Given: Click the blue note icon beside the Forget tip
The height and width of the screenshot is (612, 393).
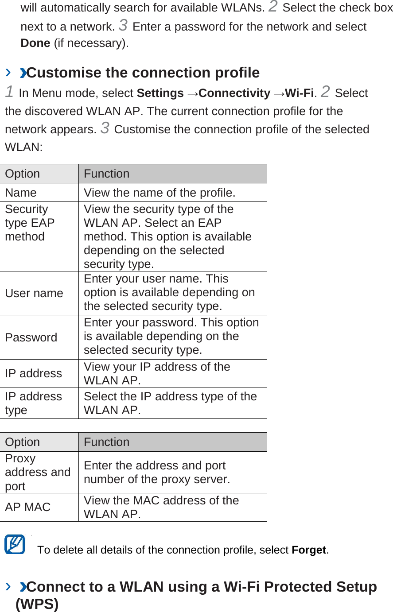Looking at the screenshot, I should (x=15, y=544).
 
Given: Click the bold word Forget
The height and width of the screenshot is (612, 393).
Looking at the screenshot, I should (x=309, y=550).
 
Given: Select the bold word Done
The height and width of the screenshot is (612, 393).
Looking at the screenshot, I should (x=35, y=43).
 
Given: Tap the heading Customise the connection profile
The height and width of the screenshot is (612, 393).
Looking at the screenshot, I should (x=143, y=73).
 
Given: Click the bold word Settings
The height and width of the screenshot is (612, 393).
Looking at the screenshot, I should (x=160, y=93).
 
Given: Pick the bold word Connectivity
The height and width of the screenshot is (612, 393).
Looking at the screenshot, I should (x=234, y=93).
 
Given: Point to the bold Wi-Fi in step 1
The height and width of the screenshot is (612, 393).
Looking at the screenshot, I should (x=300, y=93).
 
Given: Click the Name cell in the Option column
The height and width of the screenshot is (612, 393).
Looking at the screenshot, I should (x=21, y=193).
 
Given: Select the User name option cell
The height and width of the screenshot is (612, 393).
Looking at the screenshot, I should (x=34, y=293).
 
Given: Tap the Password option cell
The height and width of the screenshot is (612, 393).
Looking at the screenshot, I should (x=31, y=337).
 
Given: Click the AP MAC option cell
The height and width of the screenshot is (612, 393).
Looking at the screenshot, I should (x=28, y=507).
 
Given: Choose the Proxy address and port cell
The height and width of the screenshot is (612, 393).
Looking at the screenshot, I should (x=38, y=472).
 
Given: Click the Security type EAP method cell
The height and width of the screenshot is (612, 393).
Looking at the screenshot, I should (x=30, y=223).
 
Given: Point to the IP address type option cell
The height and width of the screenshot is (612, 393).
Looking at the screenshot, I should (x=33, y=403).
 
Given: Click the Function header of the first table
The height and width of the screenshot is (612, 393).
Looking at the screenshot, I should (x=107, y=174).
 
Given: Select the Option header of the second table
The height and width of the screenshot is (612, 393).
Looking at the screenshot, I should (x=23, y=442).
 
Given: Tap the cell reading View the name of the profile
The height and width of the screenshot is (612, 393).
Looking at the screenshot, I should (x=160, y=193).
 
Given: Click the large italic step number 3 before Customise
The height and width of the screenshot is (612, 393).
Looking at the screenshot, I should (x=105, y=128).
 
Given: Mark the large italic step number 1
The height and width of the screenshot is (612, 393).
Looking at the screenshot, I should (x=9, y=92).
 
